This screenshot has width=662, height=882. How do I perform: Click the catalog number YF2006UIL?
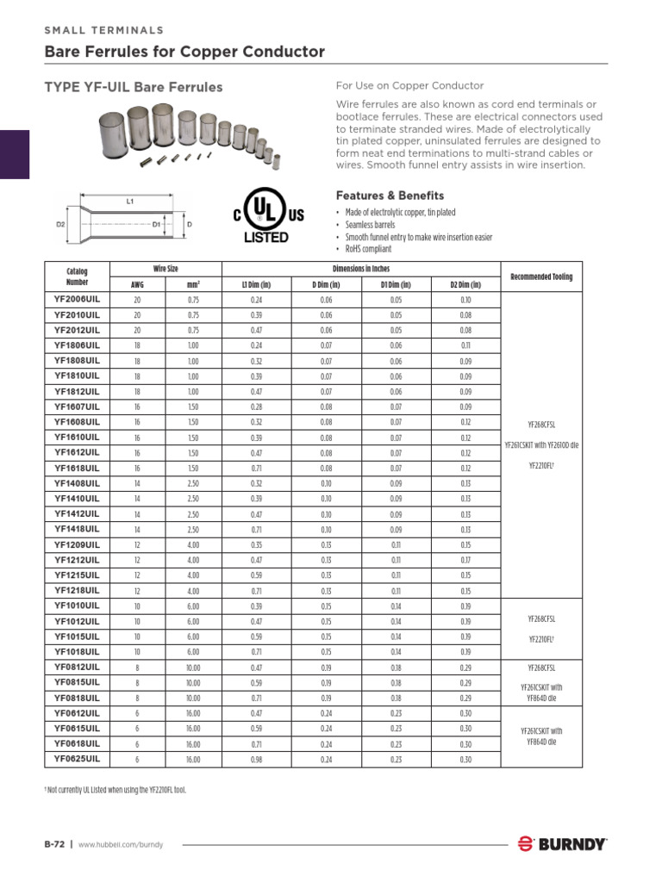[77, 299]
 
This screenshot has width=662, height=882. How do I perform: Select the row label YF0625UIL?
[77, 760]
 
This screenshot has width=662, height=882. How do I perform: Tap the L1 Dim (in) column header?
[256, 284]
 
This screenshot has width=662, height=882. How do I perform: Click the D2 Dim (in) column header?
[465, 284]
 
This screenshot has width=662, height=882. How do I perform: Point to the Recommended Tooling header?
[540, 276]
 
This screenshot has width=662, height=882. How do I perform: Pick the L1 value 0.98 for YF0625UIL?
[256, 760]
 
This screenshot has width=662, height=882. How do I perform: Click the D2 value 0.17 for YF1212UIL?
[465, 560]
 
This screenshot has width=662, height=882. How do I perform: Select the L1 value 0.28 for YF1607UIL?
[256, 407]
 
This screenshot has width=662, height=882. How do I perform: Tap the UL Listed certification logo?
[265, 218]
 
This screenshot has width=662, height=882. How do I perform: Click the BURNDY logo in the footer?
[562, 844]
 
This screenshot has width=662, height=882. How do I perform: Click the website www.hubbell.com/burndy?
[121, 845]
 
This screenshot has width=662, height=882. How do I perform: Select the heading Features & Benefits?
[390, 196]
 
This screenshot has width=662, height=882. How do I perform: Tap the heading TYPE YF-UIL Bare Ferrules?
[134, 87]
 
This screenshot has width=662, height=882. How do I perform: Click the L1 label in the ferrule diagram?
[130, 201]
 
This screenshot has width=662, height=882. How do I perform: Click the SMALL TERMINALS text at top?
[104, 30]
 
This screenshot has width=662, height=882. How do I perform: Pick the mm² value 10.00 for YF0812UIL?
[193, 668]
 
